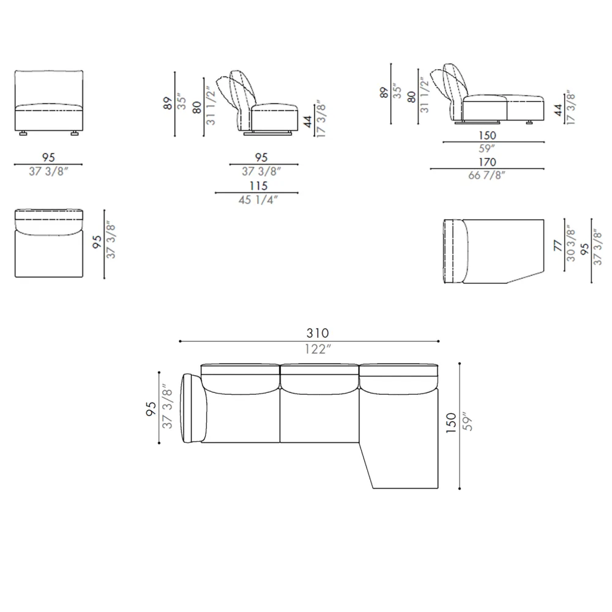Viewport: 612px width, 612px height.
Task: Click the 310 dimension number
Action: [x=317, y=333]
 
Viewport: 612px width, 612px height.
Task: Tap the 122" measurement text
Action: [x=318, y=349]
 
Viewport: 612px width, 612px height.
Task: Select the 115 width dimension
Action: [x=259, y=186]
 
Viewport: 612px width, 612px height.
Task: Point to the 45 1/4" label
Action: [x=258, y=200]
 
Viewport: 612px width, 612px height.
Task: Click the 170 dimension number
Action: [x=488, y=162]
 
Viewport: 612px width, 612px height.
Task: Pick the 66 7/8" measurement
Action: [x=487, y=175]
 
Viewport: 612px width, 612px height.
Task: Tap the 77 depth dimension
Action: [x=558, y=245]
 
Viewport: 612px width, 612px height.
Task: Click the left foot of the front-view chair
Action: [x=23, y=133]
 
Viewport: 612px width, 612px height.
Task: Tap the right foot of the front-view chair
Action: [x=75, y=133]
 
